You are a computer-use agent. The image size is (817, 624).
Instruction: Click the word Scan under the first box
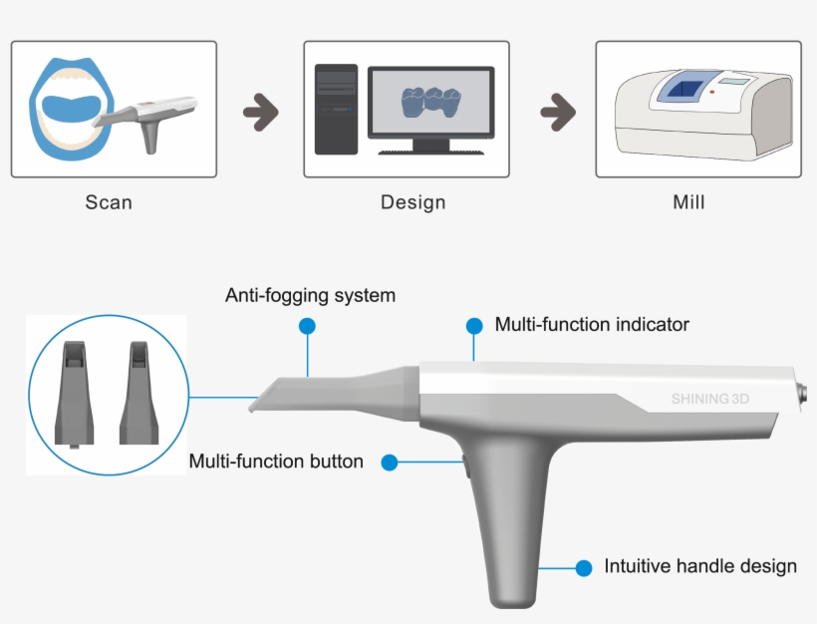[x=109, y=202]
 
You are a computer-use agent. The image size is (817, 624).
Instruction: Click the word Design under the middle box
[x=412, y=202]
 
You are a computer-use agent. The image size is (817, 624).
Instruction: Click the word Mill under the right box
[x=688, y=202]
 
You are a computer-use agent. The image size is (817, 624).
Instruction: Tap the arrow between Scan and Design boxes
[x=261, y=113]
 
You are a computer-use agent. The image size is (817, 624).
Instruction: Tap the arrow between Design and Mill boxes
[x=558, y=113]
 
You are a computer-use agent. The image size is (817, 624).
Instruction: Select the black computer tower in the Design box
[x=336, y=110]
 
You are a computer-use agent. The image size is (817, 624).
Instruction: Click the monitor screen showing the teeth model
[x=430, y=102]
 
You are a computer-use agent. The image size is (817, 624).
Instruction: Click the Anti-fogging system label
[x=310, y=295]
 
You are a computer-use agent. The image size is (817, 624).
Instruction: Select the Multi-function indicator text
[x=592, y=324]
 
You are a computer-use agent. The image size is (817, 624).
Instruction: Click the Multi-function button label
[x=276, y=462]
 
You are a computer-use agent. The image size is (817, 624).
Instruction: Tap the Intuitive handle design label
[x=700, y=566]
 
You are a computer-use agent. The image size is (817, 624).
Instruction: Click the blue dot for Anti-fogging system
[x=307, y=326]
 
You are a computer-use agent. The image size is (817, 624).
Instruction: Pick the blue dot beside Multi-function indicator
[x=473, y=325]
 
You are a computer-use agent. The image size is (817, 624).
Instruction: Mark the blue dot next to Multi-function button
[x=390, y=463]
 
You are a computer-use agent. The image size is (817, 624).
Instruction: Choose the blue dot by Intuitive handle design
[x=584, y=567]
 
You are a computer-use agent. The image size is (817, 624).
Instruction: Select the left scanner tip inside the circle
[x=77, y=394]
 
